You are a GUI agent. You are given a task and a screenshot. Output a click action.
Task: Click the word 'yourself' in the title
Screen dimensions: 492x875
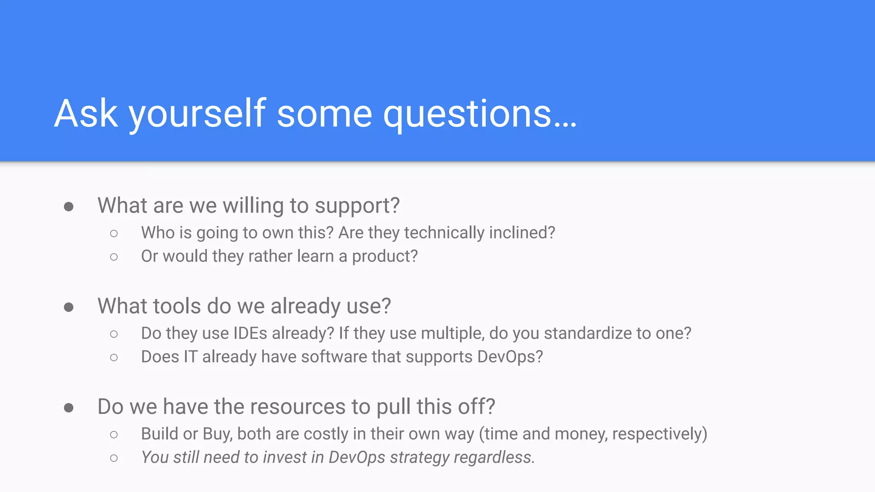pos(197,114)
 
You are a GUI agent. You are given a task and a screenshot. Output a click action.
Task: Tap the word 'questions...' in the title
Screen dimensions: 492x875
pos(479,114)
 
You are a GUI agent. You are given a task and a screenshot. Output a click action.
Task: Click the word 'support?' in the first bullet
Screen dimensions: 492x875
pos(357,206)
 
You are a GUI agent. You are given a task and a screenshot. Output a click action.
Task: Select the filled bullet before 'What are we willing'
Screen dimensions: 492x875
pos(68,207)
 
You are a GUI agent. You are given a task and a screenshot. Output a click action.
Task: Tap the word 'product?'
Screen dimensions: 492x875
pos(385,256)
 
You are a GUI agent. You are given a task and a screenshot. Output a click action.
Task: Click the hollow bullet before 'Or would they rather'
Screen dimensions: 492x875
pos(114,257)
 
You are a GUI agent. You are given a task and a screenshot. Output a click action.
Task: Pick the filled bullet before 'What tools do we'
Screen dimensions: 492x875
pos(68,307)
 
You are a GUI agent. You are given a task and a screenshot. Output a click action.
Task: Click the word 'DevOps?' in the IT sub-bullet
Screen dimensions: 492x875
pos(510,357)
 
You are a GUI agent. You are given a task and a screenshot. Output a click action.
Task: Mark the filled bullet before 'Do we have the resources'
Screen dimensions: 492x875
pos(68,408)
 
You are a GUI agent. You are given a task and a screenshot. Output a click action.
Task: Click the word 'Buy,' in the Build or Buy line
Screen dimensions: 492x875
pos(217,434)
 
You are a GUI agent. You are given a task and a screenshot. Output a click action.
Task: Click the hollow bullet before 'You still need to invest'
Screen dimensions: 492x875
pos(114,458)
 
